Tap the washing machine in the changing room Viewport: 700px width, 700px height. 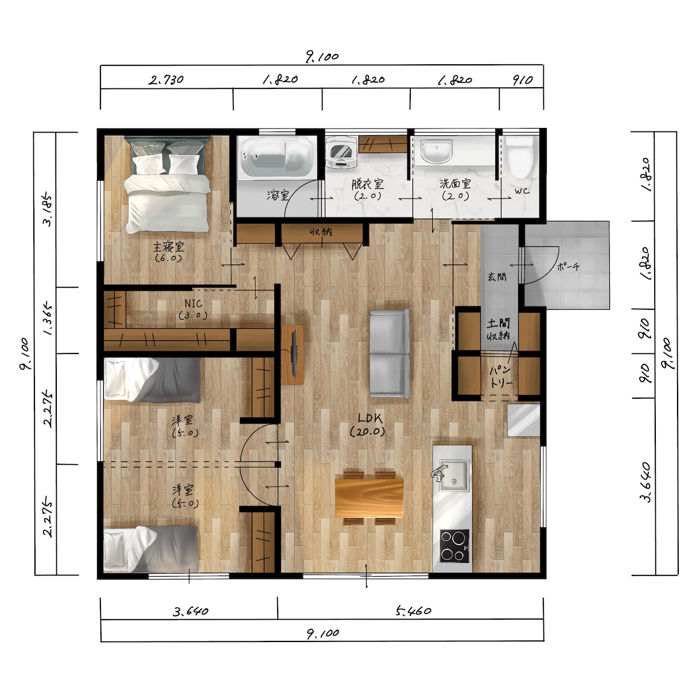tap(341, 152)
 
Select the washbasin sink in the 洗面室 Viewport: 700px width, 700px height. tap(436, 151)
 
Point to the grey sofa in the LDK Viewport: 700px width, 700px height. tap(390, 353)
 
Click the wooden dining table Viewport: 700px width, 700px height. tap(369, 497)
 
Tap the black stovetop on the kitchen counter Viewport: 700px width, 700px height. tap(454, 546)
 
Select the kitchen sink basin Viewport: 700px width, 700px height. tap(453, 475)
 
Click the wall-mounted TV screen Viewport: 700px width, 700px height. tap(294, 354)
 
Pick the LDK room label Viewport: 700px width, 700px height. tap(368, 425)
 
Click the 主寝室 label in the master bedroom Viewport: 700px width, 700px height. tap(169, 247)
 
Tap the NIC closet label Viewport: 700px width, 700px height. tap(193, 304)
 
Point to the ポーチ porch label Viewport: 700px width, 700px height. tap(569, 267)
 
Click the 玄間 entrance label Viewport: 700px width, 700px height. tap(496, 277)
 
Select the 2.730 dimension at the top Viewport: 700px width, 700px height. tap(166, 80)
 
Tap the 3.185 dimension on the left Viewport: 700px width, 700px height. tap(48, 211)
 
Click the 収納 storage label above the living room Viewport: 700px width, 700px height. tap(321, 231)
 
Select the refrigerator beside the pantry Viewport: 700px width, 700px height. tap(523, 420)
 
